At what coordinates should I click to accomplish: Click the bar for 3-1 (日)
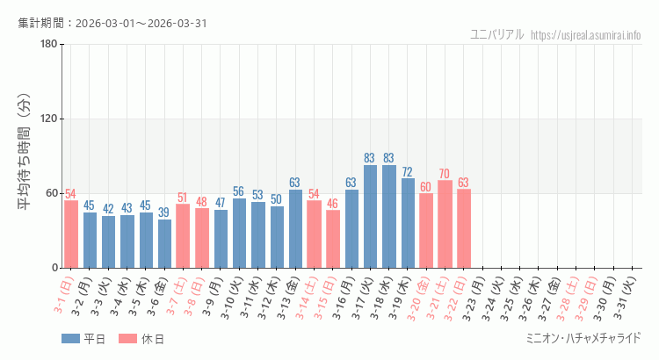[x=71, y=234]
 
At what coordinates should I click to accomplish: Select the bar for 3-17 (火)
[x=370, y=216]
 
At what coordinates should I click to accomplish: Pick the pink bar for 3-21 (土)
[x=445, y=224]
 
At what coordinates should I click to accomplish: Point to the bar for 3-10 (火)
[x=239, y=233]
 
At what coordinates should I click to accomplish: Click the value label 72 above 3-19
[x=408, y=172]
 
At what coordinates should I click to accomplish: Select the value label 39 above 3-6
[x=164, y=212]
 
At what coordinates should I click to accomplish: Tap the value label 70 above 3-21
[x=445, y=174]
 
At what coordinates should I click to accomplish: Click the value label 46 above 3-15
[x=333, y=204]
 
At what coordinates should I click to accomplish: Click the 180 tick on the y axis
[x=48, y=44]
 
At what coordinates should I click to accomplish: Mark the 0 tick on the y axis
[x=54, y=268]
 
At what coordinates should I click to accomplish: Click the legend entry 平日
[x=83, y=339]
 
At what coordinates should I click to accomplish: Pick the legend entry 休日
[x=141, y=339]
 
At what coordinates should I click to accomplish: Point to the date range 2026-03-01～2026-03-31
[x=141, y=23]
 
